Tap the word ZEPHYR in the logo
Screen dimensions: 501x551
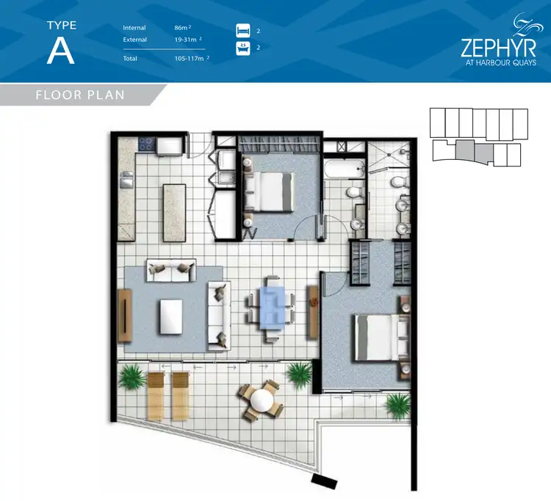tap(497, 48)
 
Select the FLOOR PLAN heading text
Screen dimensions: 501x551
tap(80, 95)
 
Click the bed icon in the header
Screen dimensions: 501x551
tap(243, 31)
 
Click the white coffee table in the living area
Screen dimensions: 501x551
tap(171, 315)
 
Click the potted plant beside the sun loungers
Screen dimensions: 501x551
tap(132, 379)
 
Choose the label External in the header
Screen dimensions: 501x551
tap(135, 40)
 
